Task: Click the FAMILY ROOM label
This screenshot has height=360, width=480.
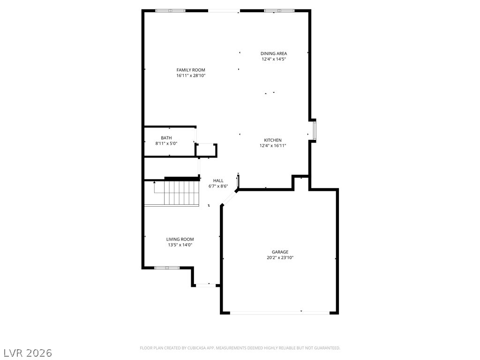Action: click(x=191, y=70)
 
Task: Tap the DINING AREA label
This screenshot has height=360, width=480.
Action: click(x=274, y=53)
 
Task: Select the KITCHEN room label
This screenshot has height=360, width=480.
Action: click(x=273, y=140)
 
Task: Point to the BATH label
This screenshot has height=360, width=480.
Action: click(x=166, y=138)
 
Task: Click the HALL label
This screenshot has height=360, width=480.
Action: click(x=218, y=180)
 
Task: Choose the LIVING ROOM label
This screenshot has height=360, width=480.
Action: click(x=180, y=239)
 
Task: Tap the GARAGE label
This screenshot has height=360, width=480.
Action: click(x=280, y=252)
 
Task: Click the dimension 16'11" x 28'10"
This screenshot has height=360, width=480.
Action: click(x=191, y=75)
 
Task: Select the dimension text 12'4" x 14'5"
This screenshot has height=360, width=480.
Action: click(x=274, y=59)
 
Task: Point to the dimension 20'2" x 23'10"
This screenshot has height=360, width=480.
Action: click(x=280, y=257)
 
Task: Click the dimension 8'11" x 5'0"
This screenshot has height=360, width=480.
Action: click(x=166, y=143)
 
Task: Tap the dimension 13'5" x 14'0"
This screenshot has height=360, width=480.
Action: click(x=180, y=245)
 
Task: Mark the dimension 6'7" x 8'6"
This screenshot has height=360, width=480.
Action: click(x=218, y=186)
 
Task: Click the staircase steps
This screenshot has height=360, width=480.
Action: click(x=180, y=193)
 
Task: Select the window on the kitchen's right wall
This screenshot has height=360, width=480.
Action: click(x=315, y=130)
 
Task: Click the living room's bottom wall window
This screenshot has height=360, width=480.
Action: click(x=167, y=268)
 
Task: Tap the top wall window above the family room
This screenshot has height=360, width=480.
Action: click(x=171, y=10)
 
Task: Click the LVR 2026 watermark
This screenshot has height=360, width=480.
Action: click(x=28, y=352)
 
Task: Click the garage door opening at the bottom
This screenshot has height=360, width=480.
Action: click(x=280, y=313)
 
